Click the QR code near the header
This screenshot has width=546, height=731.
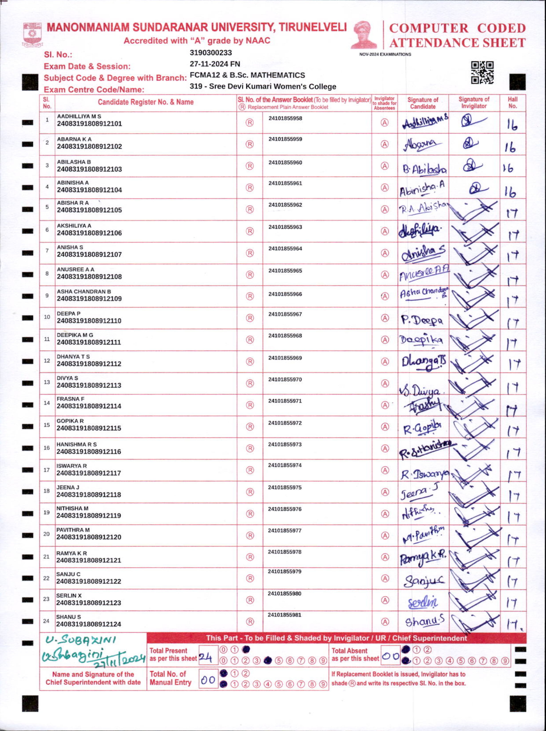482,73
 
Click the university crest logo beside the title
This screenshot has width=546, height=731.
32,34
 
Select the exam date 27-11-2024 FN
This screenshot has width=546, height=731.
215,64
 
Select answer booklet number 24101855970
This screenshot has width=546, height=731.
285,379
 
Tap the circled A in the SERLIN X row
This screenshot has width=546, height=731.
385,600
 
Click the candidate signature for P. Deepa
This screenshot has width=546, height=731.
422,320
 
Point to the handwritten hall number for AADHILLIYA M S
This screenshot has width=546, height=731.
512,125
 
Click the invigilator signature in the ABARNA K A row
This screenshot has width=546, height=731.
470,143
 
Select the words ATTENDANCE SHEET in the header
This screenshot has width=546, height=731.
457,43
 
